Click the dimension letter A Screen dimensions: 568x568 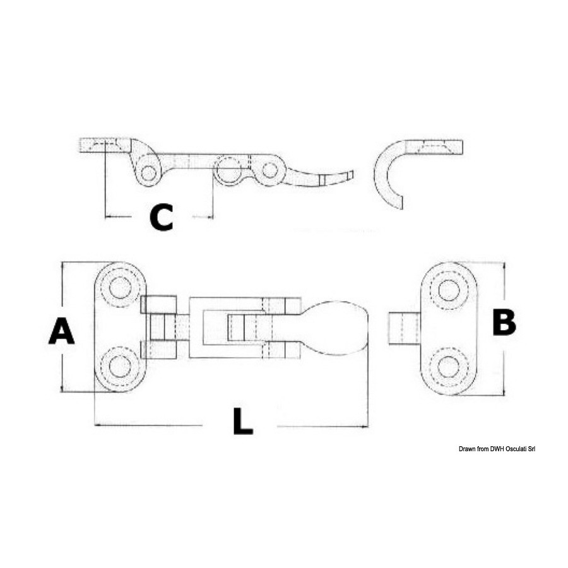click(62, 330)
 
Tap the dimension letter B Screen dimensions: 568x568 click(504, 322)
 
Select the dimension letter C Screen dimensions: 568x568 click(162, 217)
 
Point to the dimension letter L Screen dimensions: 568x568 click(243, 421)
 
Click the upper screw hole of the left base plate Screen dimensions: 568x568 click(120, 288)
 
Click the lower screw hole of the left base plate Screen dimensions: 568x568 click(120, 366)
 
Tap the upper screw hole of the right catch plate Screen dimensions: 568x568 click(449, 290)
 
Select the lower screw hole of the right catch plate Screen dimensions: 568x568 click(449, 367)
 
